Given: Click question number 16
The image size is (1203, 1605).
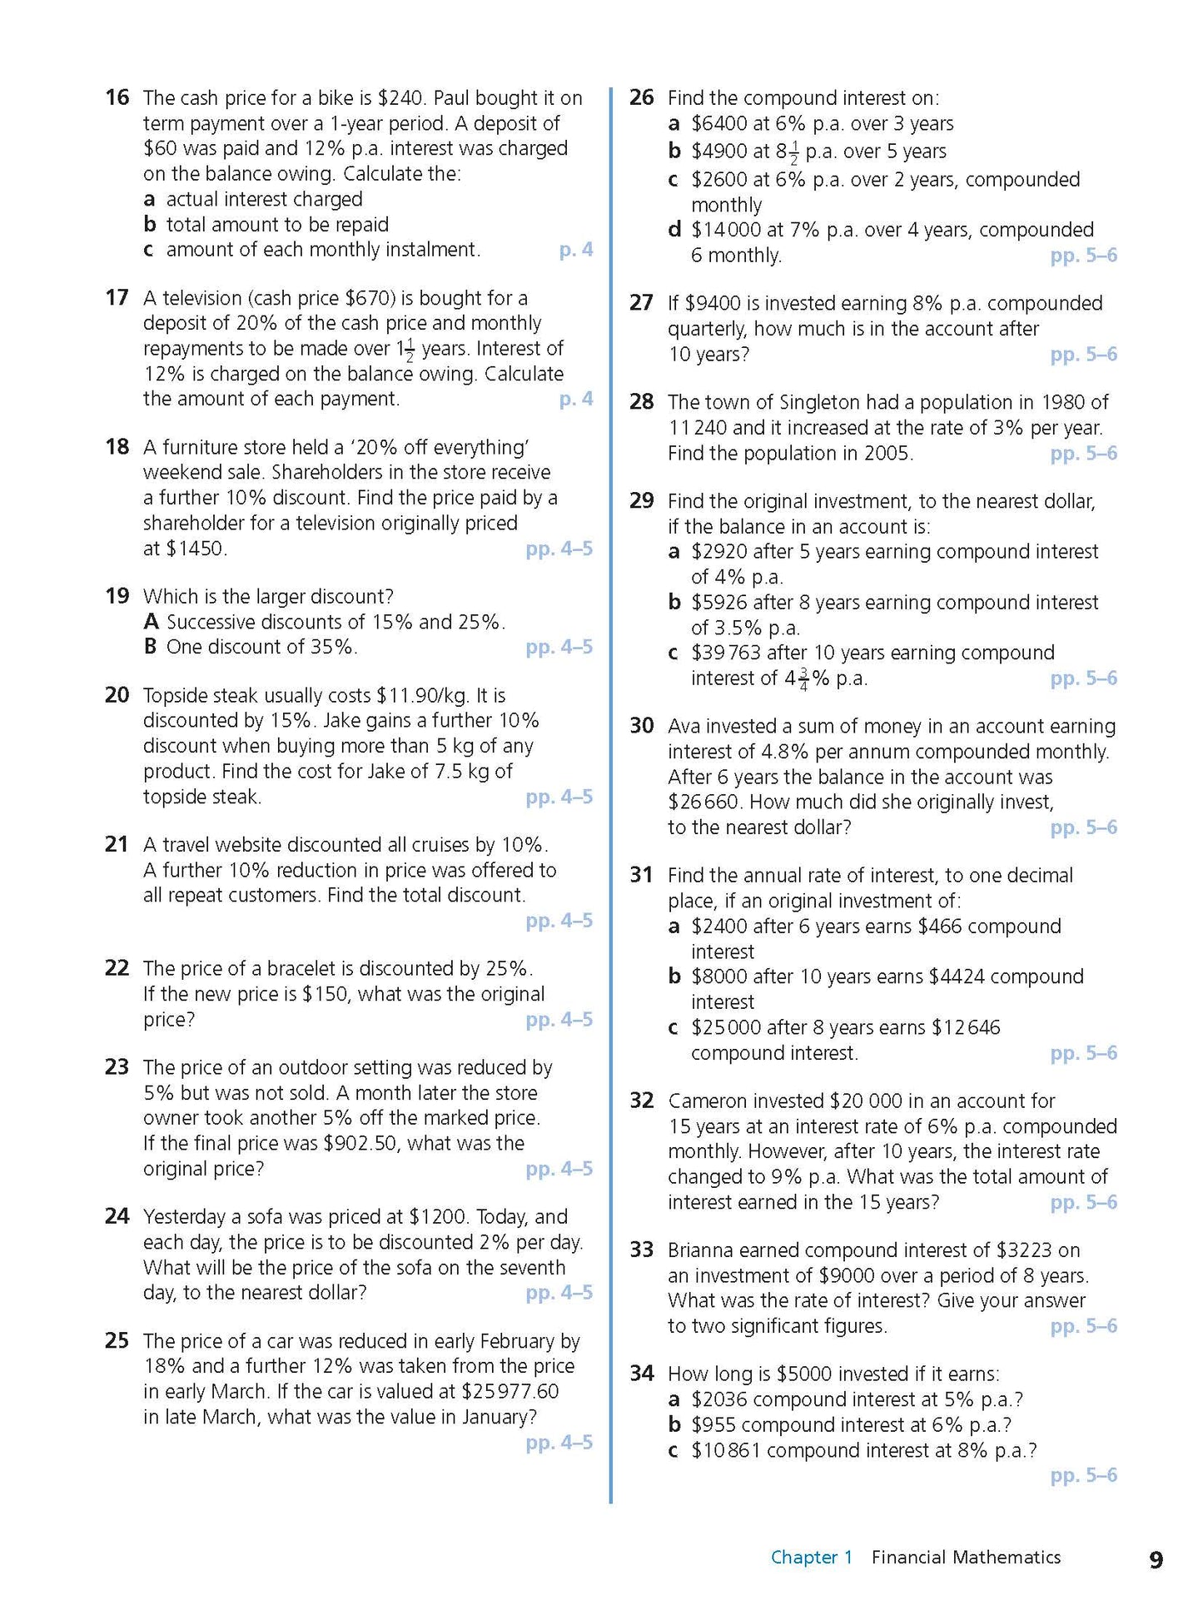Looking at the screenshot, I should [x=117, y=97].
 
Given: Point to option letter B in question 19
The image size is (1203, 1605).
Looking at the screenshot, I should [x=151, y=647].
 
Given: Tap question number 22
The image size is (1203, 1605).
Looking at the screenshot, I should [x=117, y=968].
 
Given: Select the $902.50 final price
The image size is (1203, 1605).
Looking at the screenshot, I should [x=362, y=1143].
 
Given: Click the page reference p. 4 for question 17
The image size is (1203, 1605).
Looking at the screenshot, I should [x=575, y=399].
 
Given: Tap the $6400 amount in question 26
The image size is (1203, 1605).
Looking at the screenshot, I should [x=718, y=124].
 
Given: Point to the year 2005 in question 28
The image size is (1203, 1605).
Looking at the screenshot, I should [x=885, y=454].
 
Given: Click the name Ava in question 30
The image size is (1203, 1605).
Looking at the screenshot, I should [x=684, y=726].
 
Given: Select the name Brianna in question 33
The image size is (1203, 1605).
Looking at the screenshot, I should [x=700, y=1250].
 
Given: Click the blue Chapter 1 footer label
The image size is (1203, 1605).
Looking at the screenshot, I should [x=812, y=1558].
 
